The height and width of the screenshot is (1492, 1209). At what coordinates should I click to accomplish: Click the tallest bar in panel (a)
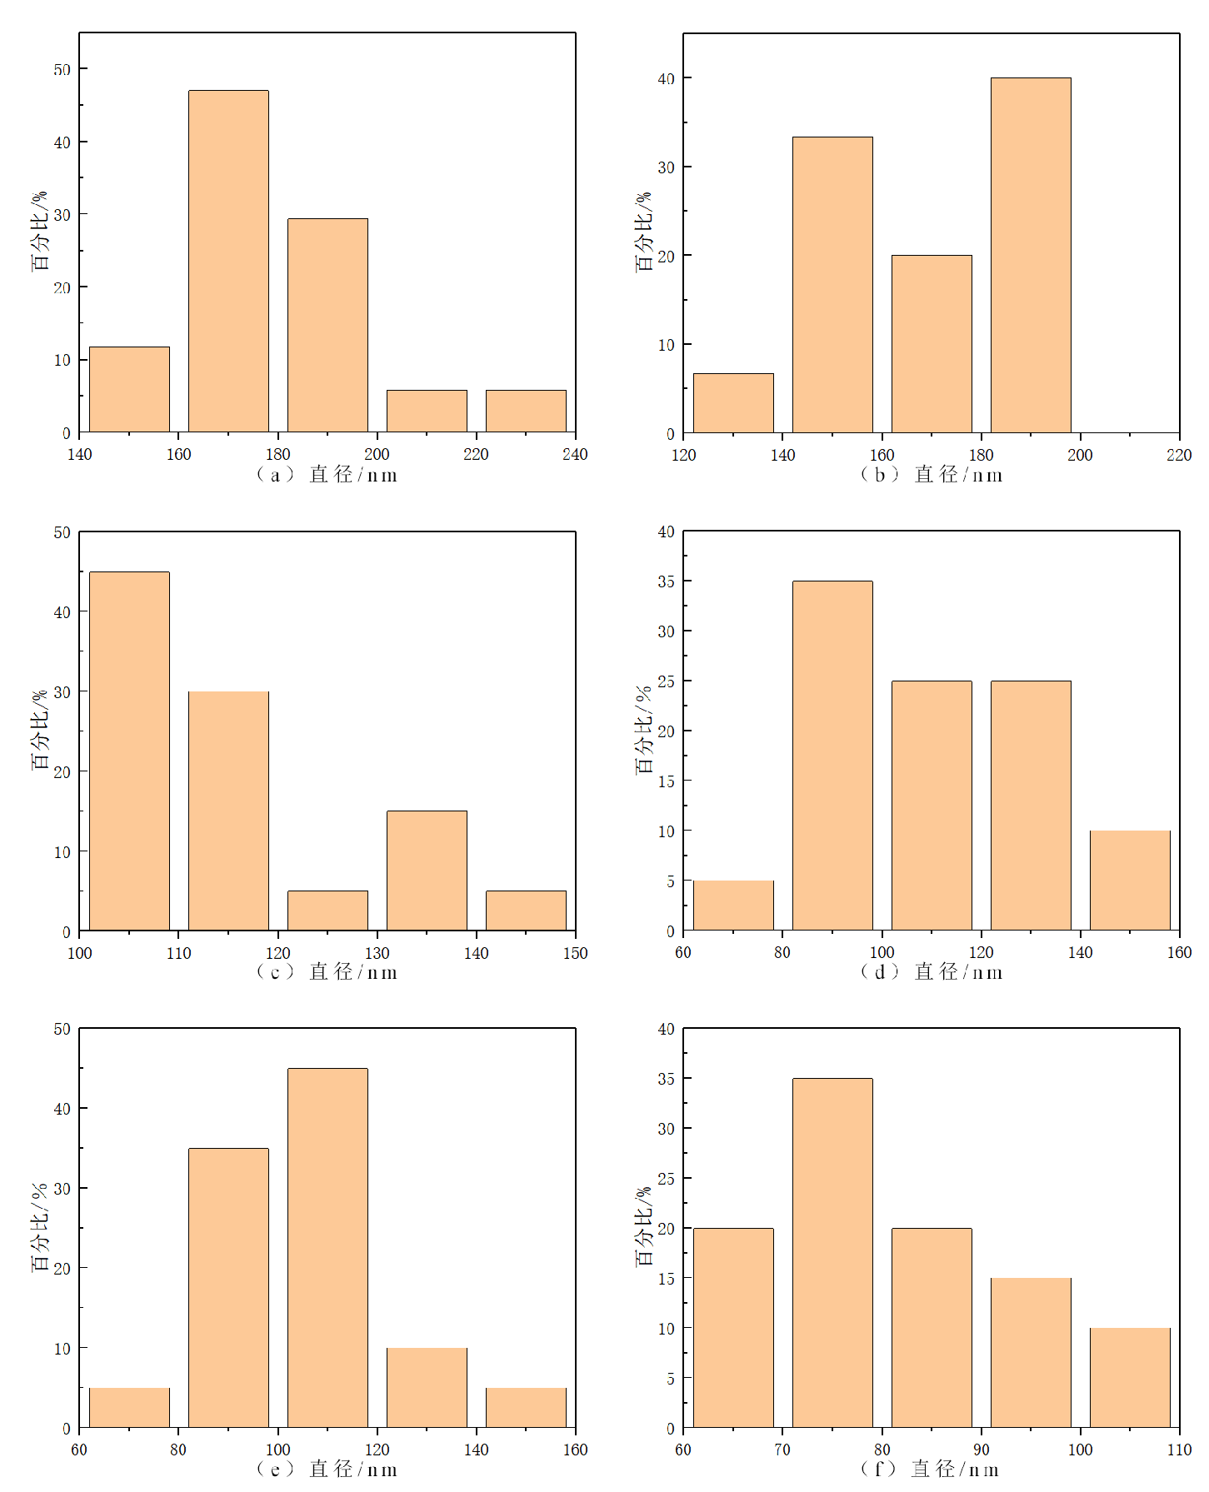[x=228, y=261]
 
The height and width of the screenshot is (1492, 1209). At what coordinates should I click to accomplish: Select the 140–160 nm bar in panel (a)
[x=129, y=389]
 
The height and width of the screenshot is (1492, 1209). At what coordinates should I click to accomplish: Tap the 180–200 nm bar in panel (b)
[x=1031, y=255]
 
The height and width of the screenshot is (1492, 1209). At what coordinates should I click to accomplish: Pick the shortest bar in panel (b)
[x=733, y=403]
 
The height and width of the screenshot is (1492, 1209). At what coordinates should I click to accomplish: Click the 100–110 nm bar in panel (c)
[x=129, y=751]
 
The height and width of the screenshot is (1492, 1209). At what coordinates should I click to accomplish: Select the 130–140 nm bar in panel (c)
[x=427, y=870]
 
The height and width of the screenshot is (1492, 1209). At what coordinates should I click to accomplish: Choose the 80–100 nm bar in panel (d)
[x=832, y=755]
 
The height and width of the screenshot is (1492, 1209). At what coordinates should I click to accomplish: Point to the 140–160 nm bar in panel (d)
[x=1130, y=880]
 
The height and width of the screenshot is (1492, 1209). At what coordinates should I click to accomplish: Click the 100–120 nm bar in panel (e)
[x=327, y=1247]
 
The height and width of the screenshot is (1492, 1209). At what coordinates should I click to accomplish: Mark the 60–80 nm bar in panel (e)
[x=129, y=1407]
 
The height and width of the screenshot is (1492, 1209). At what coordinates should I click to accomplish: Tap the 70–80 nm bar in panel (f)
[x=832, y=1252]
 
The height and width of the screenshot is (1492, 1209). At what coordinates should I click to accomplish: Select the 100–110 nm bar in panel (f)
[x=1130, y=1377]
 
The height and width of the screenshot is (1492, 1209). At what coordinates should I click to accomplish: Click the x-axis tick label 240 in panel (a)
[x=575, y=454]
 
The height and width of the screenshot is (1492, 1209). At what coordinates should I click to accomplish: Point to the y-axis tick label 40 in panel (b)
[x=666, y=78]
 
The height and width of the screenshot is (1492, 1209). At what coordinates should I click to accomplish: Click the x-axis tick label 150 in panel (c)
[x=575, y=953]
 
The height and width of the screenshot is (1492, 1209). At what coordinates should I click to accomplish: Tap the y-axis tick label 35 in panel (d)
[x=666, y=581]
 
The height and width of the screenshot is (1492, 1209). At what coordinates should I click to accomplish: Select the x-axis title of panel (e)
[x=327, y=1469]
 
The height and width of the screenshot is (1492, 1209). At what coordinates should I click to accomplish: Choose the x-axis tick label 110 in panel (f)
[x=1179, y=1450]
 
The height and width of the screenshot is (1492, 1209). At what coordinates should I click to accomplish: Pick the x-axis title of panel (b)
[x=932, y=475]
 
